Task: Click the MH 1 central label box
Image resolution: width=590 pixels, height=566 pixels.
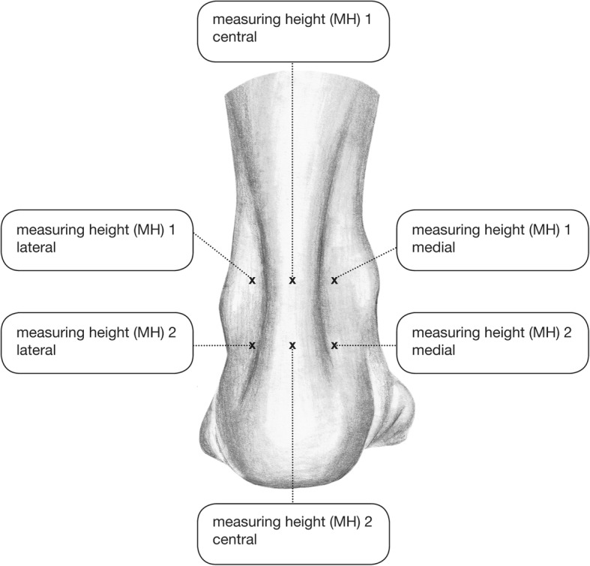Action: pos(292,30)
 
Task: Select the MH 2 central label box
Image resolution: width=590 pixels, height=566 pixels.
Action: pos(292,530)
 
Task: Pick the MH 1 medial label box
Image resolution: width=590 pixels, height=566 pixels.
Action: pos(492,239)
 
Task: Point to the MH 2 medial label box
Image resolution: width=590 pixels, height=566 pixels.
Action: pos(492,342)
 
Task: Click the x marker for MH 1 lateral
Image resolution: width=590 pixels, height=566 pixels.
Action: pos(252,281)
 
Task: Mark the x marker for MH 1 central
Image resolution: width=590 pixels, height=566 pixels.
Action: pos(292,281)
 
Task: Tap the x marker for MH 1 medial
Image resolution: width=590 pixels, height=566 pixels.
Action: pos(334,281)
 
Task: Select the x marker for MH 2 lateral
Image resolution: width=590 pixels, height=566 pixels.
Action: pos(252,345)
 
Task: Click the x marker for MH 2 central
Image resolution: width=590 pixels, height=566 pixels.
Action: pos(292,345)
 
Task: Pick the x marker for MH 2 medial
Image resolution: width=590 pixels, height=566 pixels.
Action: pos(334,345)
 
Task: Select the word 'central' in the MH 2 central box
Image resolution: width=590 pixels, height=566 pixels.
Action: pos(235,539)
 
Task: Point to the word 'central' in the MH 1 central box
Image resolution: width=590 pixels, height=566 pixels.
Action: pos(235,38)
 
